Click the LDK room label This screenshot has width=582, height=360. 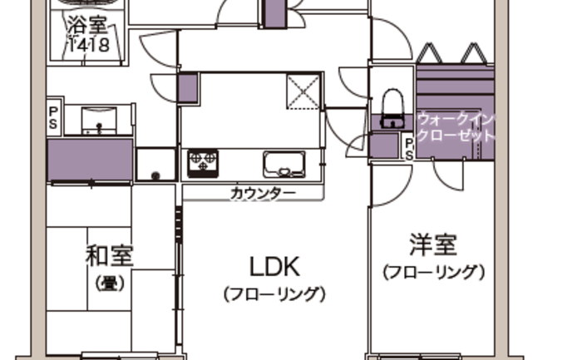click(x=274, y=267)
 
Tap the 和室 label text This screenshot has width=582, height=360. click(x=110, y=256)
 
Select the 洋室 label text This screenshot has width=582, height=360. click(x=433, y=245)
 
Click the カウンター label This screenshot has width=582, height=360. click(x=264, y=194)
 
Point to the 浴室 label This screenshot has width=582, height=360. click(x=88, y=25)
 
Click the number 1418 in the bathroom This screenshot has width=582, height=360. click(x=88, y=45)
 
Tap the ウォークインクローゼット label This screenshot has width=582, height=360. click(x=456, y=127)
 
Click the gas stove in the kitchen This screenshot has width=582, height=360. click(x=203, y=163)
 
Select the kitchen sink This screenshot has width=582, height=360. click(x=284, y=164)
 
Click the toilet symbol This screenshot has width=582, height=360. click(x=392, y=108)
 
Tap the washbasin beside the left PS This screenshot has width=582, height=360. click(x=99, y=121)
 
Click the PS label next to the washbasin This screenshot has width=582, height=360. click(x=53, y=118)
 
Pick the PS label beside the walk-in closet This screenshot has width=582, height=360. click(x=409, y=150)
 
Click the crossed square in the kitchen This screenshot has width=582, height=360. click(x=303, y=91)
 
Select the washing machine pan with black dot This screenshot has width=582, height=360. click(x=156, y=165)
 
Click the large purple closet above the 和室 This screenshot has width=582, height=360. click(x=90, y=160)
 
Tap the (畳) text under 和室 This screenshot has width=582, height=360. click(x=110, y=284)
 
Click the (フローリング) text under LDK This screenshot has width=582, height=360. click(x=274, y=294)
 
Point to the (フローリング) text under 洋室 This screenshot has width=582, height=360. click(x=433, y=272)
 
